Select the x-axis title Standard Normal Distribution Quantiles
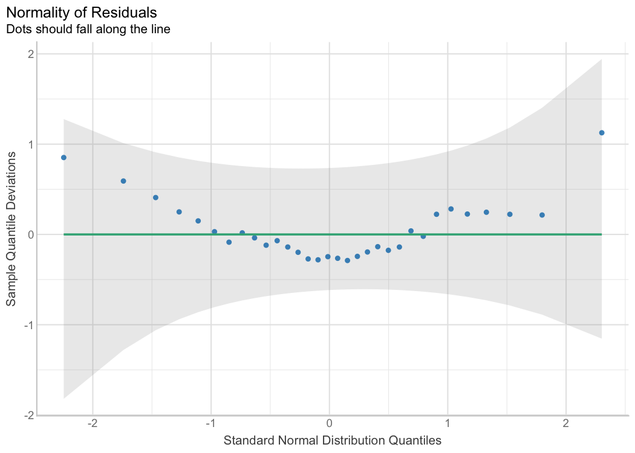(333, 440)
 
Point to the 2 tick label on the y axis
(29, 54)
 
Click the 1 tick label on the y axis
(29, 144)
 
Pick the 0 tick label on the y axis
(29, 234)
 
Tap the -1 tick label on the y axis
(27, 325)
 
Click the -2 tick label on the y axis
(27, 415)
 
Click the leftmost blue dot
(63, 158)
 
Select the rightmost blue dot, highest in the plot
(602, 133)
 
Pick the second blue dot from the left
(123, 181)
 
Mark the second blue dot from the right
(542, 215)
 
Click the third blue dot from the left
(155, 198)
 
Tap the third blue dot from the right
(510, 214)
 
